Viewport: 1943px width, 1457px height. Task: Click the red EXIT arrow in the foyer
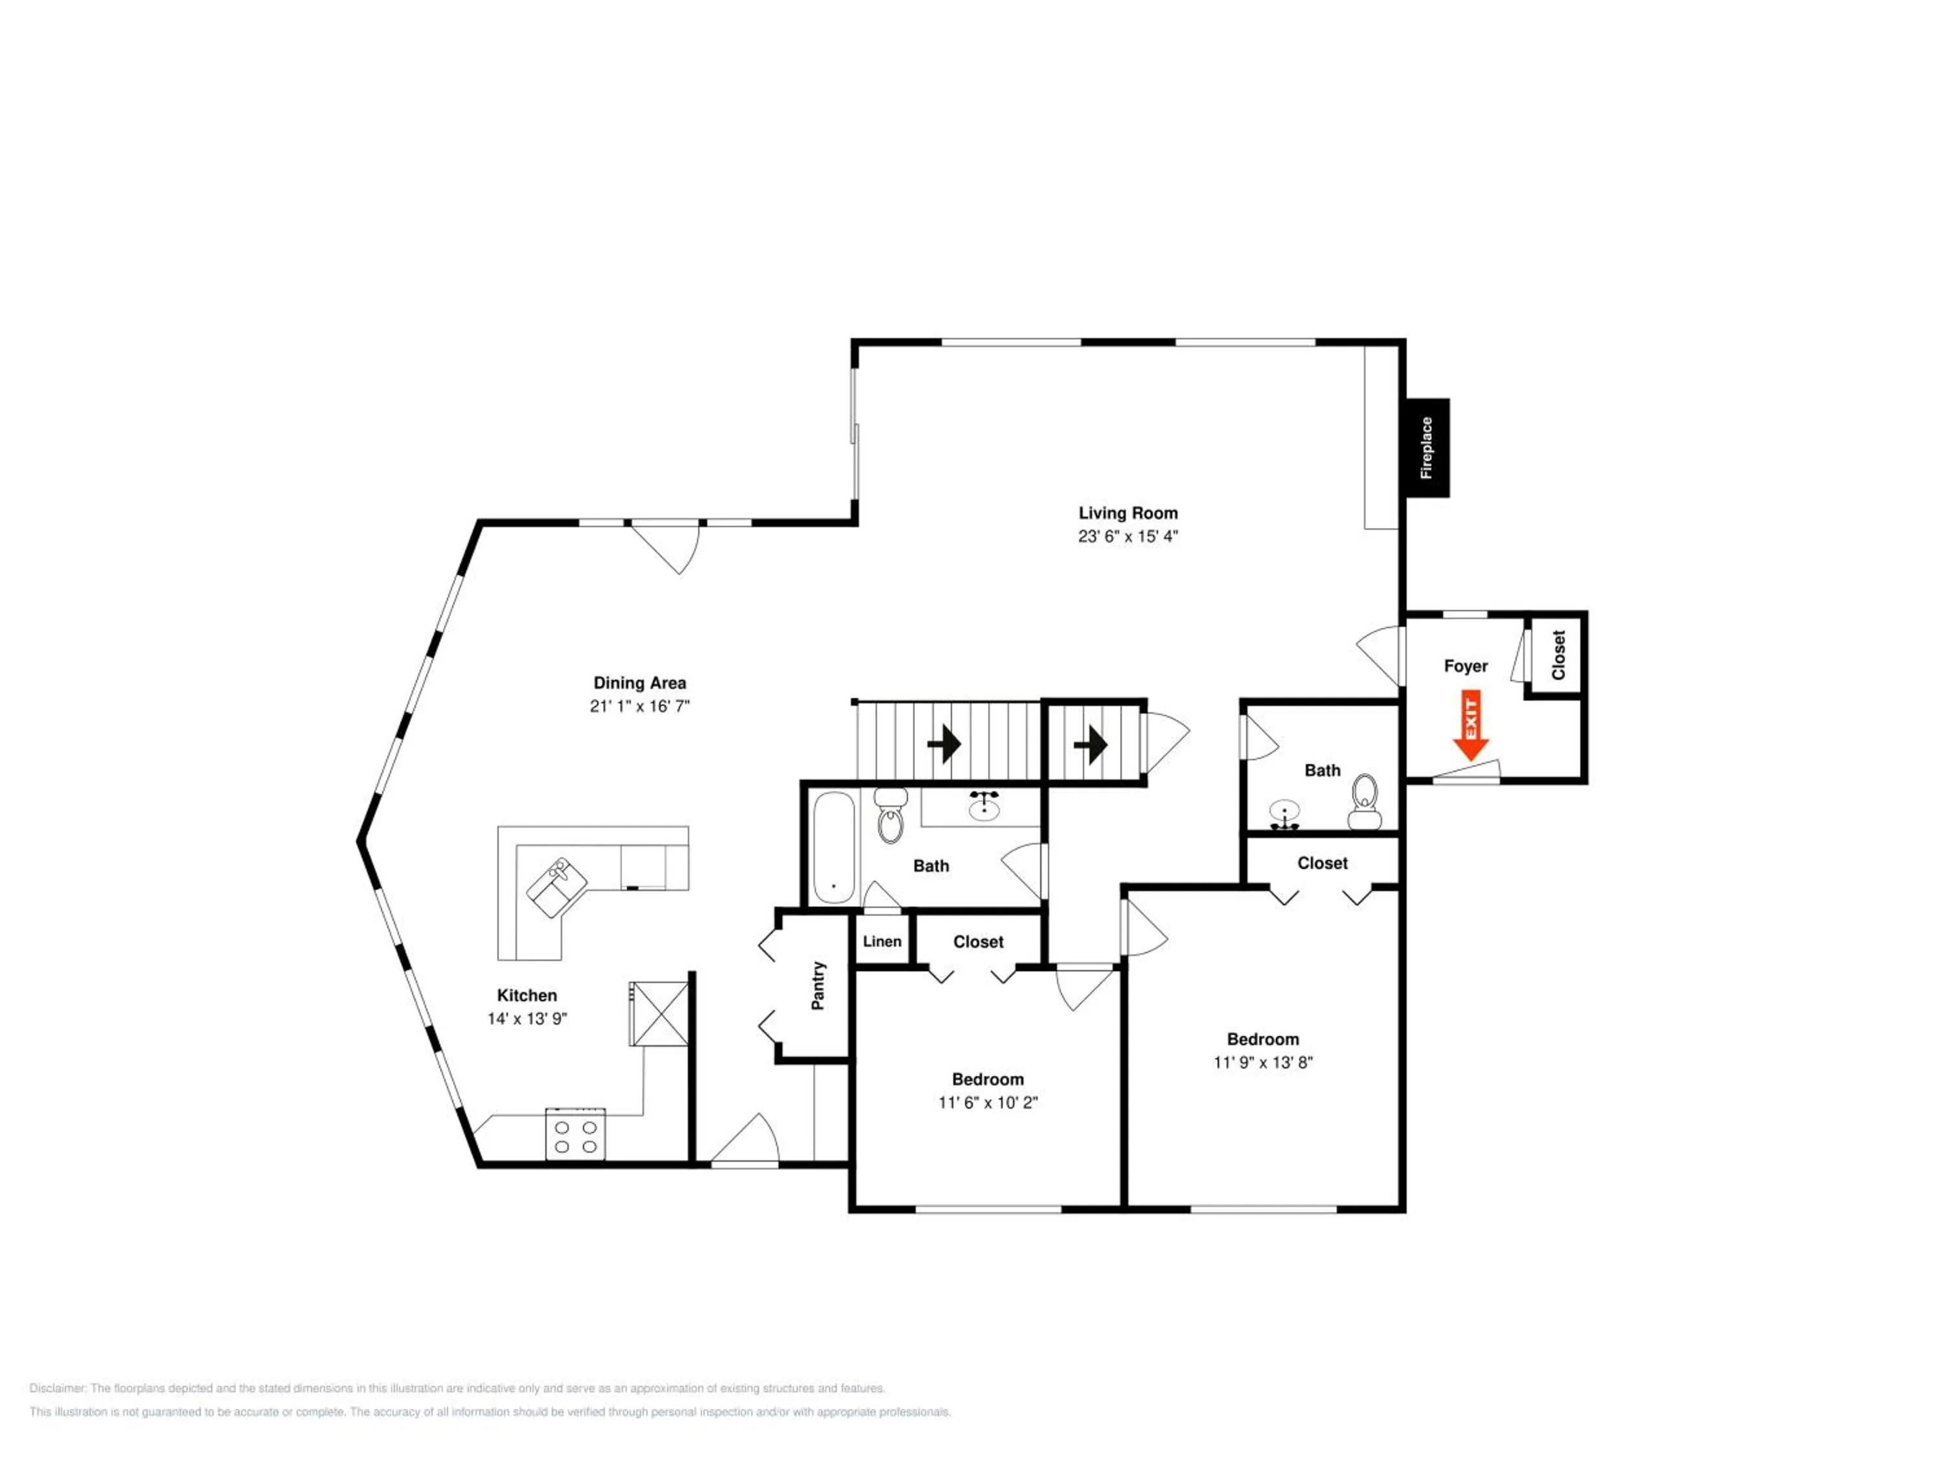click(x=1470, y=725)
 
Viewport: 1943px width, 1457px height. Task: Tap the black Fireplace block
click(x=1427, y=448)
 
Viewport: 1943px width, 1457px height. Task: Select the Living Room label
click(x=1128, y=513)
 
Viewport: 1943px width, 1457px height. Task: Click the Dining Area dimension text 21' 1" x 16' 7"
click(x=639, y=706)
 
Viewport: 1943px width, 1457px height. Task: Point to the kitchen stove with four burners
click(x=575, y=1134)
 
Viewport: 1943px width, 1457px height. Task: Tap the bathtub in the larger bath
click(x=834, y=848)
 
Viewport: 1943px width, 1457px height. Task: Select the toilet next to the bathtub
click(x=891, y=816)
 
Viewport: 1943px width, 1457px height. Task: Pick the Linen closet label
click(x=882, y=942)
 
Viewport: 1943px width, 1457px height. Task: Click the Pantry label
click(x=818, y=986)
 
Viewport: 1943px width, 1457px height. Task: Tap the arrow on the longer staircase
click(x=944, y=745)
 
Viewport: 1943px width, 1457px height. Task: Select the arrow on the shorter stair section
click(x=1090, y=745)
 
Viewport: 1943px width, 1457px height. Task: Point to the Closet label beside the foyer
click(x=1558, y=655)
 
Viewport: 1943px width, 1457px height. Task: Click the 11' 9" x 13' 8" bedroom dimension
click(x=1263, y=1063)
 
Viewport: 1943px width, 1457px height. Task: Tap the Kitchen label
click(x=527, y=995)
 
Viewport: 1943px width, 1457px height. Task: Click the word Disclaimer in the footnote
click(x=58, y=1388)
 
